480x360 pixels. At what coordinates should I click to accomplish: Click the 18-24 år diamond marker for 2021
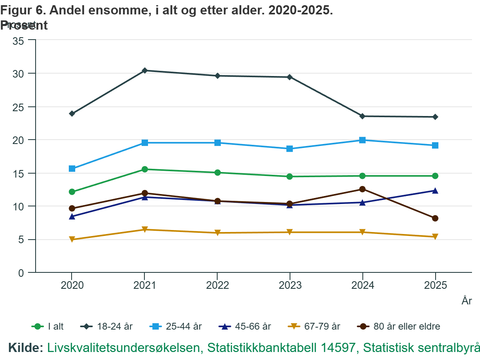click(x=144, y=70)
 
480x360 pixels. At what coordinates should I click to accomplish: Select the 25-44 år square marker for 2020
click(x=72, y=169)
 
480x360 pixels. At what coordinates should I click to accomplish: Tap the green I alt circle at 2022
click(x=217, y=173)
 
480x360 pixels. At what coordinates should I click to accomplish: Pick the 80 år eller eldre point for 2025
click(x=435, y=218)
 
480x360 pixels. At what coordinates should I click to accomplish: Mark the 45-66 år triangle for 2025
click(x=435, y=191)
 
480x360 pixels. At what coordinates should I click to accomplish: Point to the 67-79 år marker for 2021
click(x=144, y=230)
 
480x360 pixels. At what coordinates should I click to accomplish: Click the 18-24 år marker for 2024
click(x=362, y=116)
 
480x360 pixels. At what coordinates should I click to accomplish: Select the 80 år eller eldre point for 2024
click(x=362, y=189)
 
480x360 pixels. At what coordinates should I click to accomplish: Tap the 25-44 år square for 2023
click(x=290, y=149)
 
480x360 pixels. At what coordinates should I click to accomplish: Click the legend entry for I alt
click(x=48, y=326)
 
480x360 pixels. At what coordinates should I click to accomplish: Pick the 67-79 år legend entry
click(x=314, y=326)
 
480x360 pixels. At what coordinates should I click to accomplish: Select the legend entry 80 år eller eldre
click(x=398, y=326)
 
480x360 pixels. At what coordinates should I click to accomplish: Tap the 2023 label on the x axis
click(x=290, y=286)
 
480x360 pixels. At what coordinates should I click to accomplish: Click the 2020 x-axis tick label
click(x=72, y=286)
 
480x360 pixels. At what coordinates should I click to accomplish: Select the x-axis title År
click(x=467, y=301)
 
